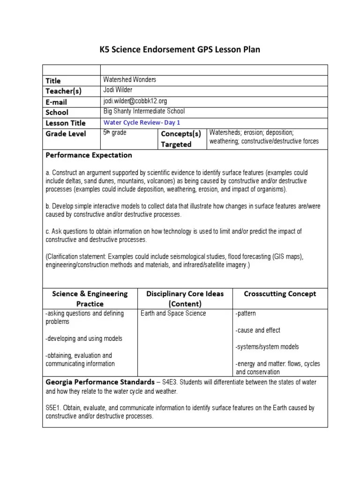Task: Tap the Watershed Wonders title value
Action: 129,80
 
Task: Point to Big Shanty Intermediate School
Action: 144,112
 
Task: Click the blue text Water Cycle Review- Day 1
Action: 142,122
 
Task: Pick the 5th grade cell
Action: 115,133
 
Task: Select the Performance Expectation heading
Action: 89,155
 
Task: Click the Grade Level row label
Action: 66,134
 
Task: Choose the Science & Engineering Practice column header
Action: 90,299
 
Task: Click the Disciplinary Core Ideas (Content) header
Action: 185,299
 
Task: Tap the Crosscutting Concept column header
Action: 280,294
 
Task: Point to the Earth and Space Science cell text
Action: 173,314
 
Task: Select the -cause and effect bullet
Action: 258,330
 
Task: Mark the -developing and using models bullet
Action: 84,339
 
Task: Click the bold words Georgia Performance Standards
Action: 100,382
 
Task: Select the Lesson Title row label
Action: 66,123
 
